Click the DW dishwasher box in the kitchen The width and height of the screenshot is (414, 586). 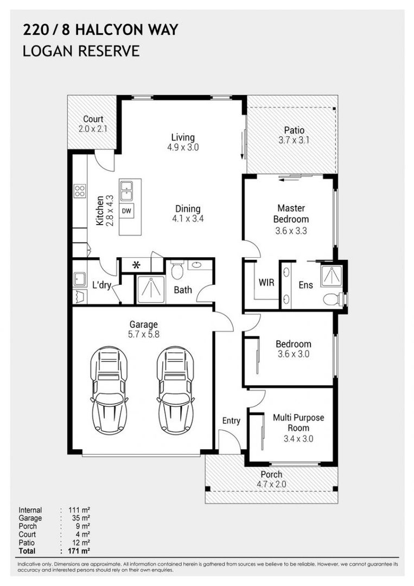[126, 211]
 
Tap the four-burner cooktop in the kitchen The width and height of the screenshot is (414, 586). [80, 190]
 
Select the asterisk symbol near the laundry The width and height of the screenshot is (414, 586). [136, 265]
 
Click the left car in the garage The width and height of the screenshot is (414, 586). [109, 390]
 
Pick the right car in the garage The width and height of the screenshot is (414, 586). [176, 390]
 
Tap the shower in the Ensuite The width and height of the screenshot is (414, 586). [331, 276]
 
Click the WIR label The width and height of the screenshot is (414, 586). [266, 283]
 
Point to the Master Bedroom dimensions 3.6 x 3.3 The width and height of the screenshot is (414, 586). [291, 231]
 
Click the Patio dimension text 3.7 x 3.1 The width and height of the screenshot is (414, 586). [294, 140]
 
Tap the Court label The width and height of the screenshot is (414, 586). [93, 119]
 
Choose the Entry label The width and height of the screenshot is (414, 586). [231, 421]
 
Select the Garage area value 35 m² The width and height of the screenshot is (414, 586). [81, 518]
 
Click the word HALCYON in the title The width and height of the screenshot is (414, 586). [103, 30]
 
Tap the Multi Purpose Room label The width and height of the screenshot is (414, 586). [298, 423]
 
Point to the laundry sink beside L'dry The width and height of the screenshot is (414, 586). [80, 278]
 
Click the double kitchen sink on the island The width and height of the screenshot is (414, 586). [126, 190]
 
